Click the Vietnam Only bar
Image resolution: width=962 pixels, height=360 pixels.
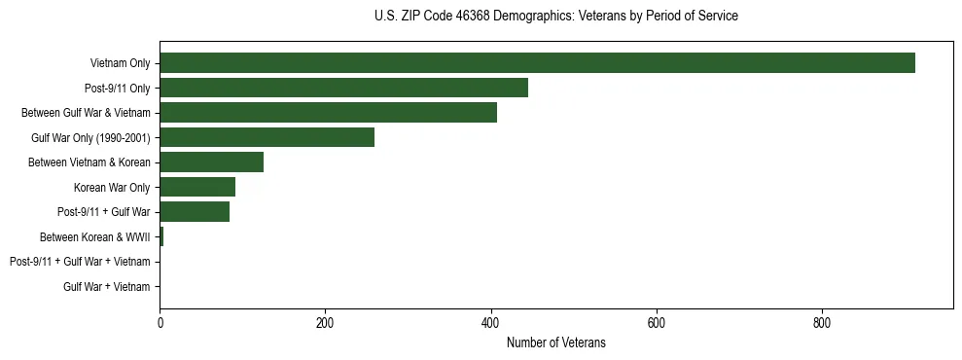[537, 63]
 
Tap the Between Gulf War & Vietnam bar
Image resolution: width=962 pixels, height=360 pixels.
[328, 113]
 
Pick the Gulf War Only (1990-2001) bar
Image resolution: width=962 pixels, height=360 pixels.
[267, 137]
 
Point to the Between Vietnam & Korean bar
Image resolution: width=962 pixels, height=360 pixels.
[211, 162]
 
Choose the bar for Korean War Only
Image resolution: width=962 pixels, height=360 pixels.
[197, 187]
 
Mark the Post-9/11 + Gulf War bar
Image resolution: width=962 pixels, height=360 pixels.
[195, 212]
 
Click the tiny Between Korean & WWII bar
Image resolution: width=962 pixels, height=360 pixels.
[161, 236]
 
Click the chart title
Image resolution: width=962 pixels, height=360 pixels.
[555, 17]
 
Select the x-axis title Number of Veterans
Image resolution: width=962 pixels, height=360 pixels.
[555, 342]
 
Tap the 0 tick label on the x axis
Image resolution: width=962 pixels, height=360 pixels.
[160, 322]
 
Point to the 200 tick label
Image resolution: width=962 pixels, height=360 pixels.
[325, 322]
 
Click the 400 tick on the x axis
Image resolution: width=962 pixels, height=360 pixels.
[490, 322]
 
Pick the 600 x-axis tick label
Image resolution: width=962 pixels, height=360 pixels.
[657, 322]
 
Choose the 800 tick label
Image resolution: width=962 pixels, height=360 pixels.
[822, 322]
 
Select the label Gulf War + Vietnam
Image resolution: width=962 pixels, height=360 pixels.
[107, 287]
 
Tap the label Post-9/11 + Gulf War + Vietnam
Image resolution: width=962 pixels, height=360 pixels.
[80, 262]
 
